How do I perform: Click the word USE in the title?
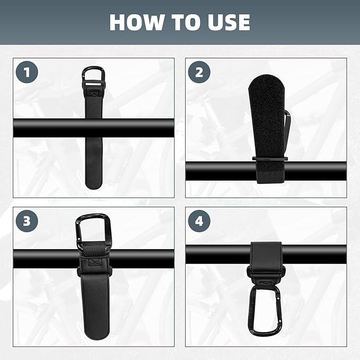pyautogui.click(x=225, y=22)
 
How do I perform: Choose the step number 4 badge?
pyautogui.click(x=198, y=221)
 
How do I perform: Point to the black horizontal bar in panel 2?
pyautogui.click(x=223, y=171)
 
